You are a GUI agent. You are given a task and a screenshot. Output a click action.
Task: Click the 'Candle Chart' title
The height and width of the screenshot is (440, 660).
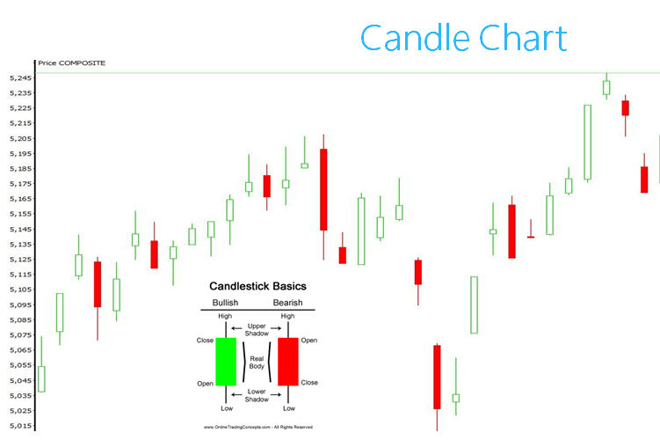pos(463,38)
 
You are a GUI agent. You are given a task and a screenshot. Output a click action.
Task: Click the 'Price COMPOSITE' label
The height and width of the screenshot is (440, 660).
pos(71,63)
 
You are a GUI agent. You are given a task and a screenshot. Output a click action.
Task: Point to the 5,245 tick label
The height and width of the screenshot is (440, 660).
pos(20,78)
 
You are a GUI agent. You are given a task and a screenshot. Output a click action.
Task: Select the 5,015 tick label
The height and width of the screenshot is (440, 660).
pos(20,426)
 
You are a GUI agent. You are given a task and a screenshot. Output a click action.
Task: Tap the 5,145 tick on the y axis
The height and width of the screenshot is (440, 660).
pos(20,230)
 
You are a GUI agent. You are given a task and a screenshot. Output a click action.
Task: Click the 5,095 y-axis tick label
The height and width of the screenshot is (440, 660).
pos(20,304)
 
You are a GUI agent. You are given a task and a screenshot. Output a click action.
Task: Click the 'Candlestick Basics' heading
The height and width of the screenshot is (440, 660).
pos(257,286)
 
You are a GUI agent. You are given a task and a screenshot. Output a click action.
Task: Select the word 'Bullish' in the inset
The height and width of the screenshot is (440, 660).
pos(225,303)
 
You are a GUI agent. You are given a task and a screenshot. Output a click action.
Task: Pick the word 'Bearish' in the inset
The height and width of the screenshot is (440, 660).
pos(288,303)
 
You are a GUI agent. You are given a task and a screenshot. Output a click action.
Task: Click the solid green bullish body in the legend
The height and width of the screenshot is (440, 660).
pos(226,362)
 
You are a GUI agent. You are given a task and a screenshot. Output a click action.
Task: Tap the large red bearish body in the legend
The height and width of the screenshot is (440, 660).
pos(288,362)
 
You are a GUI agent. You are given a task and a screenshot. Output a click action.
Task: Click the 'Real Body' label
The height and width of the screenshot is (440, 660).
pos(257,363)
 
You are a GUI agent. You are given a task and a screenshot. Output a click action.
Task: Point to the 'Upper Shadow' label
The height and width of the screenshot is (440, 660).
pos(257,330)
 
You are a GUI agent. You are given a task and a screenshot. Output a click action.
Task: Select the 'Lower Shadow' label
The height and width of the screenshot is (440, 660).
pos(257,395)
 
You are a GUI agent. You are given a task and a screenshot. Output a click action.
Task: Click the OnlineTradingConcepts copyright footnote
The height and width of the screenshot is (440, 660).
pos(258,427)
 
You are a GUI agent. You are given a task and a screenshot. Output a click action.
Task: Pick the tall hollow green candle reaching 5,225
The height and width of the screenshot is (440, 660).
pos(588,143)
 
